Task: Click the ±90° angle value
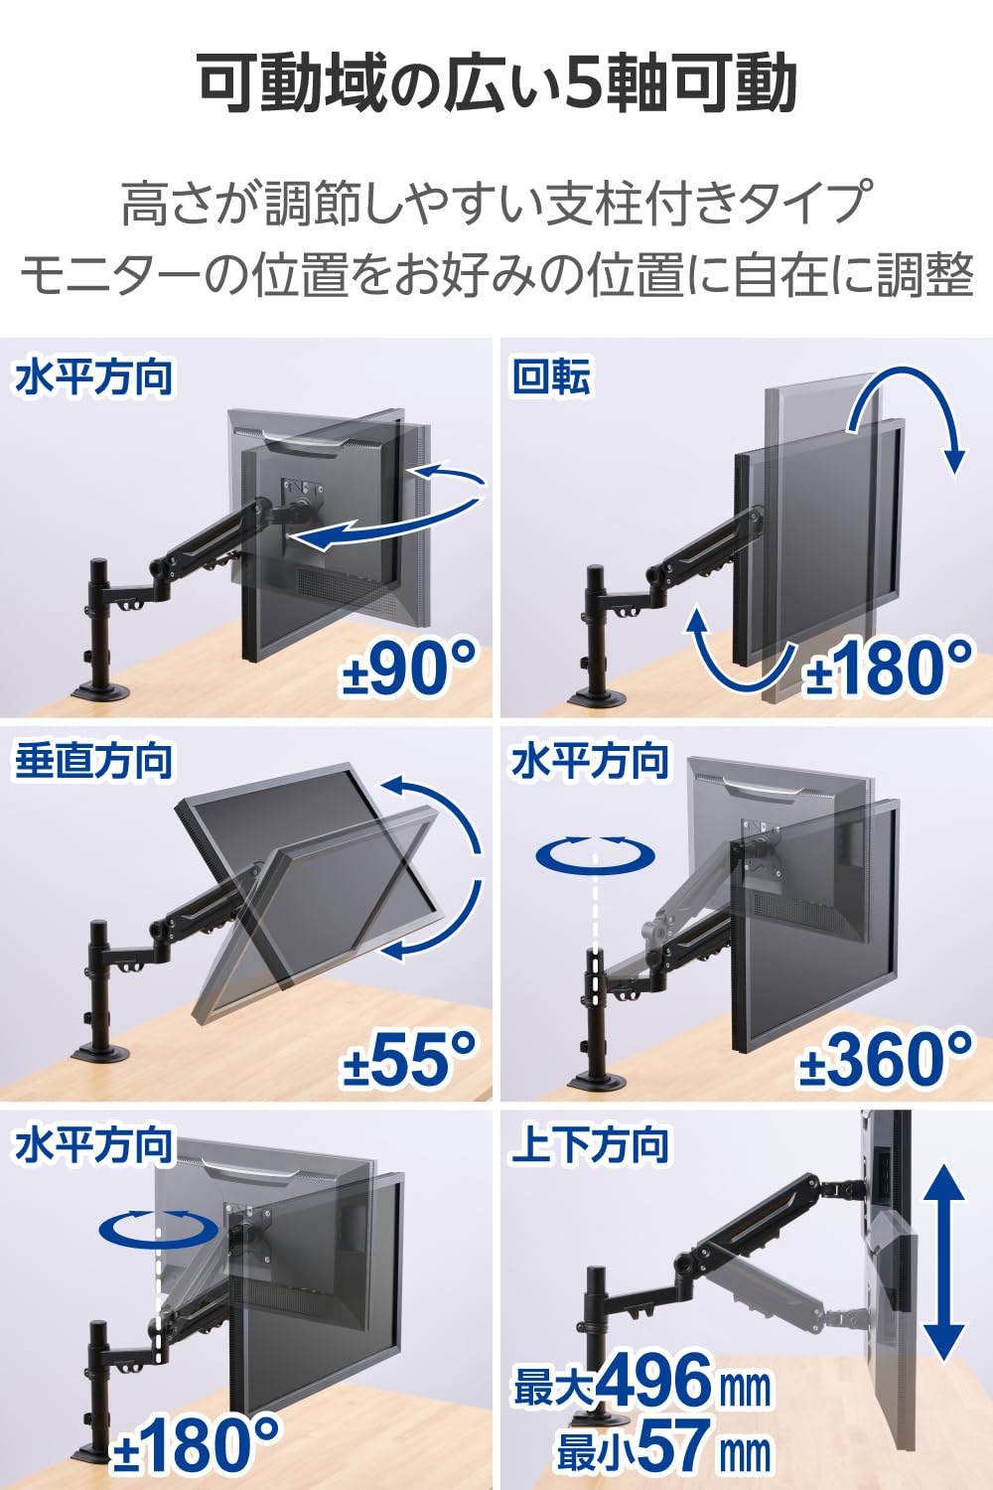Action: point(410,668)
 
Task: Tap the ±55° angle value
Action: point(410,1057)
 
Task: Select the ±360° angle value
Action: point(885,1057)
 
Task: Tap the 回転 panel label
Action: point(551,377)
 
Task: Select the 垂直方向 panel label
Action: point(93,762)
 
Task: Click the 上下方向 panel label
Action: point(589,1144)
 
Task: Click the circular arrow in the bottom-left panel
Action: point(158,1227)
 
